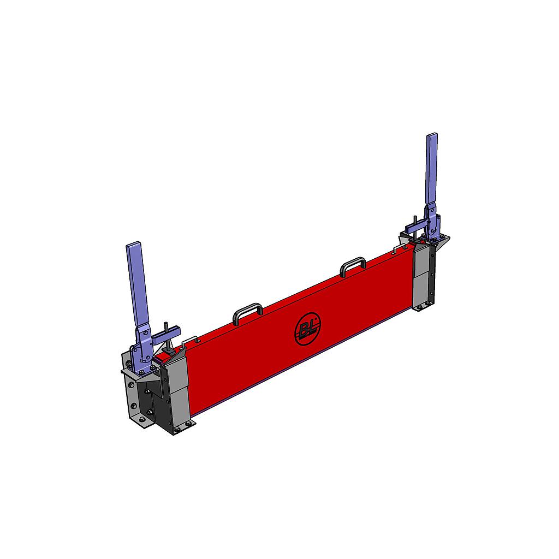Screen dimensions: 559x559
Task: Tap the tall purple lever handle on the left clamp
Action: coord(138,284)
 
